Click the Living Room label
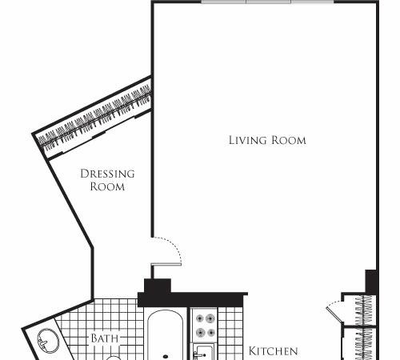(267, 140)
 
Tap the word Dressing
(107, 174)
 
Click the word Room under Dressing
(107, 186)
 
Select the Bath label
(105, 338)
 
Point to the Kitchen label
(273, 351)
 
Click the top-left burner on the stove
(200, 318)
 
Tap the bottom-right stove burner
(211, 333)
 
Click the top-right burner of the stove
(210, 318)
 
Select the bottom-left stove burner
(201, 333)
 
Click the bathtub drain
(166, 356)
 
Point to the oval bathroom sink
(48, 340)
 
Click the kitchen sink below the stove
(204, 353)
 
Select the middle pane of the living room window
(268, 2)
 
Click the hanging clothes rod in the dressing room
(94, 118)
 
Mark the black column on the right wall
(371, 282)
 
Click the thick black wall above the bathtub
(191, 299)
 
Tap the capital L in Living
(232, 140)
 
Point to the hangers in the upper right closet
(363, 310)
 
